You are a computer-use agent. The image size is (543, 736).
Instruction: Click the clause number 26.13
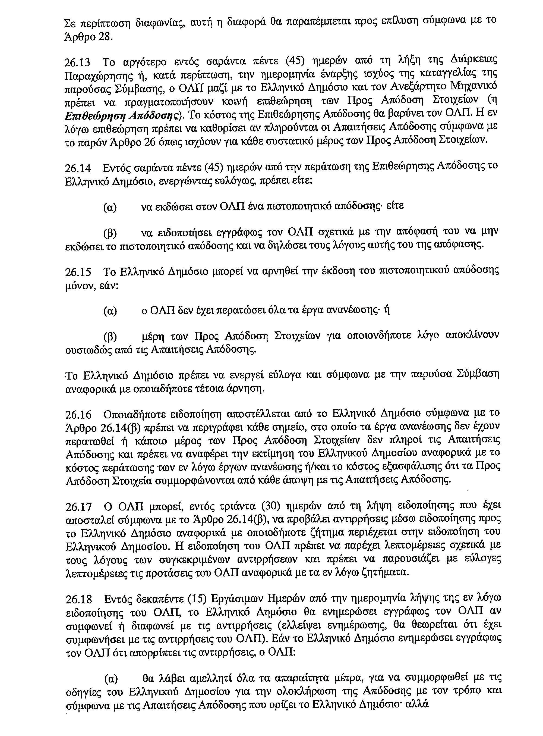pos(78,62)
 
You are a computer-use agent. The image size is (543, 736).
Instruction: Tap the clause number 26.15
pos(78,272)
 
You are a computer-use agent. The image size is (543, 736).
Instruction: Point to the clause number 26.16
pos(78,414)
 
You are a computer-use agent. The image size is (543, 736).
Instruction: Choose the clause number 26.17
pos(78,507)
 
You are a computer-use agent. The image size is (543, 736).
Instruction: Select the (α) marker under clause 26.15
pos(110,311)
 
